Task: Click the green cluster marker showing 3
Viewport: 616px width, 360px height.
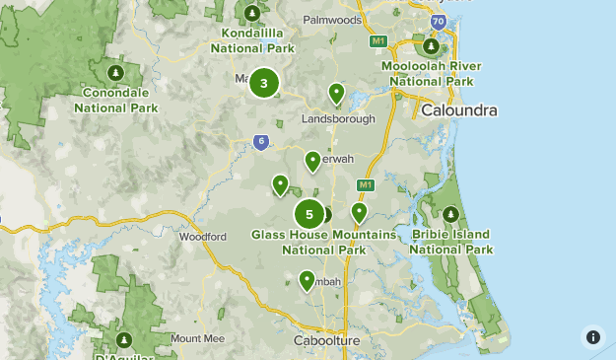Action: click(263, 83)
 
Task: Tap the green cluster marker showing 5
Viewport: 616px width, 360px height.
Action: click(309, 214)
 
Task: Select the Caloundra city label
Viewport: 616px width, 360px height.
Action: click(458, 110)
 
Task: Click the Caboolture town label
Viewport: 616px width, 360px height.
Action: click(327, 340)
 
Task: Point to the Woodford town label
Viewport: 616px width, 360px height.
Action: click(202, 237)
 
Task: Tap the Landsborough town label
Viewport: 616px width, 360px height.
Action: click(339, 118)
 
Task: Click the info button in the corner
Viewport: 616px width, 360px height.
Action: click(592, 336)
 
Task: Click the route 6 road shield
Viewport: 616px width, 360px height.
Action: click(259, 141)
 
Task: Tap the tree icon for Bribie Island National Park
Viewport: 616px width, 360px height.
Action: click(451, 214)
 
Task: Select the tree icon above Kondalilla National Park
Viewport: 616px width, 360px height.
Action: click(252, 13)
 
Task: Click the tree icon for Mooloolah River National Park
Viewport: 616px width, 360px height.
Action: click(431, 45)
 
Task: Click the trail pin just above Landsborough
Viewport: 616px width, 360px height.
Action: click(337, 93)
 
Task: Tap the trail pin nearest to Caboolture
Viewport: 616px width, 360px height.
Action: click(308, 280)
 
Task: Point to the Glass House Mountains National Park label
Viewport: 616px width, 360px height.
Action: click(323, 243)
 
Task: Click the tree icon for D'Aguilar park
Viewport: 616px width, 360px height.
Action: click(125, 340)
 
